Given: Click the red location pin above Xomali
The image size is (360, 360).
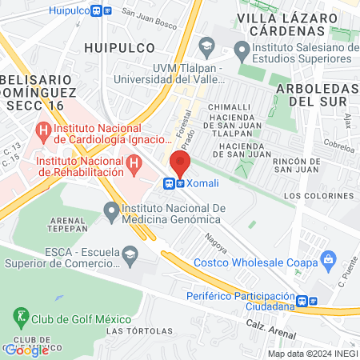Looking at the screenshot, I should [x=180, y=164].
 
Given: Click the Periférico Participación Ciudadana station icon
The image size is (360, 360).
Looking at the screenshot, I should [x=302, y=302].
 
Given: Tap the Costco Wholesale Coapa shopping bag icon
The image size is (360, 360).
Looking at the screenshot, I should [x=326, y=258].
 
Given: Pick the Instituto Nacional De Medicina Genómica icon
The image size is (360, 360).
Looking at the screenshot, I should [x=111, y=211].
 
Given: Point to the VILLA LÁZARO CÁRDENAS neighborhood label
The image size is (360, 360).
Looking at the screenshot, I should [x=290, y=24].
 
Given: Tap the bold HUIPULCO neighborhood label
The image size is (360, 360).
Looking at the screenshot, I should [x=120, y=47].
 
